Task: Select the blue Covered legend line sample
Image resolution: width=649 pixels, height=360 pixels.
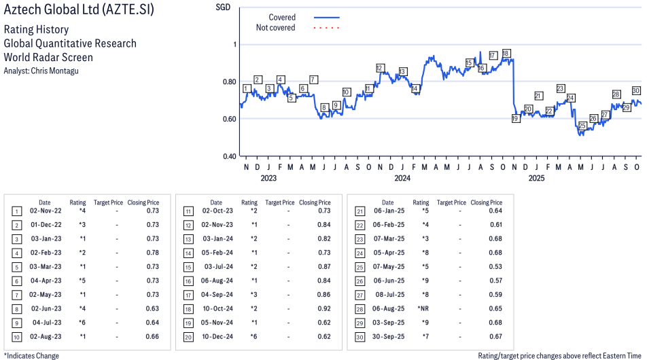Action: (326, 18)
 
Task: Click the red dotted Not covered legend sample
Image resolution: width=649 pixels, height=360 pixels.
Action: (326, 28)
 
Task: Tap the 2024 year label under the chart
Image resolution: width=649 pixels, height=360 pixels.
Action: (402, 179)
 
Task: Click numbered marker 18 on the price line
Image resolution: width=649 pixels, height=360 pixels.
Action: (506, 54)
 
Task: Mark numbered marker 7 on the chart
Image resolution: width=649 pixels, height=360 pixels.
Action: (313, 79)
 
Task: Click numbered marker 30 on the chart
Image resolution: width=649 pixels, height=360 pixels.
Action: (636, 90)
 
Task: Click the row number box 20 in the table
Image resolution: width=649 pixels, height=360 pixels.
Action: (188, 337)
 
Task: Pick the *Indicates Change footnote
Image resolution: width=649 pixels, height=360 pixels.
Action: (31, 355)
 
